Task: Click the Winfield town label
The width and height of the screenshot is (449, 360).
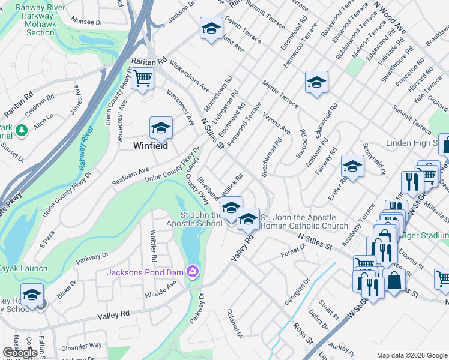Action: tap(150, 146)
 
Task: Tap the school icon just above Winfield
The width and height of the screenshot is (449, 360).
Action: tap(160, 128)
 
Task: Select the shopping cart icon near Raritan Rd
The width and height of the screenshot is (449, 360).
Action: tap(142, 79)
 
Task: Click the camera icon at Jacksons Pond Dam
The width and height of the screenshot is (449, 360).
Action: tap(192, 272)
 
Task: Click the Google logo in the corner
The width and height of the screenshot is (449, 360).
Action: tap(20, 353)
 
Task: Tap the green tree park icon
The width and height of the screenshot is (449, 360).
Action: tap(22, 130)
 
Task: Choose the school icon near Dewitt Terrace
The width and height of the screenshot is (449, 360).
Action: tap(211, 29)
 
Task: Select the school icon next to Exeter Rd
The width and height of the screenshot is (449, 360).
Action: tap(352, 166)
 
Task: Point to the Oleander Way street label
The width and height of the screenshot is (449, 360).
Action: tap(81, 346)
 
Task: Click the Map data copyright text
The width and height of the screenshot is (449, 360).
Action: tap(411, 355)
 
